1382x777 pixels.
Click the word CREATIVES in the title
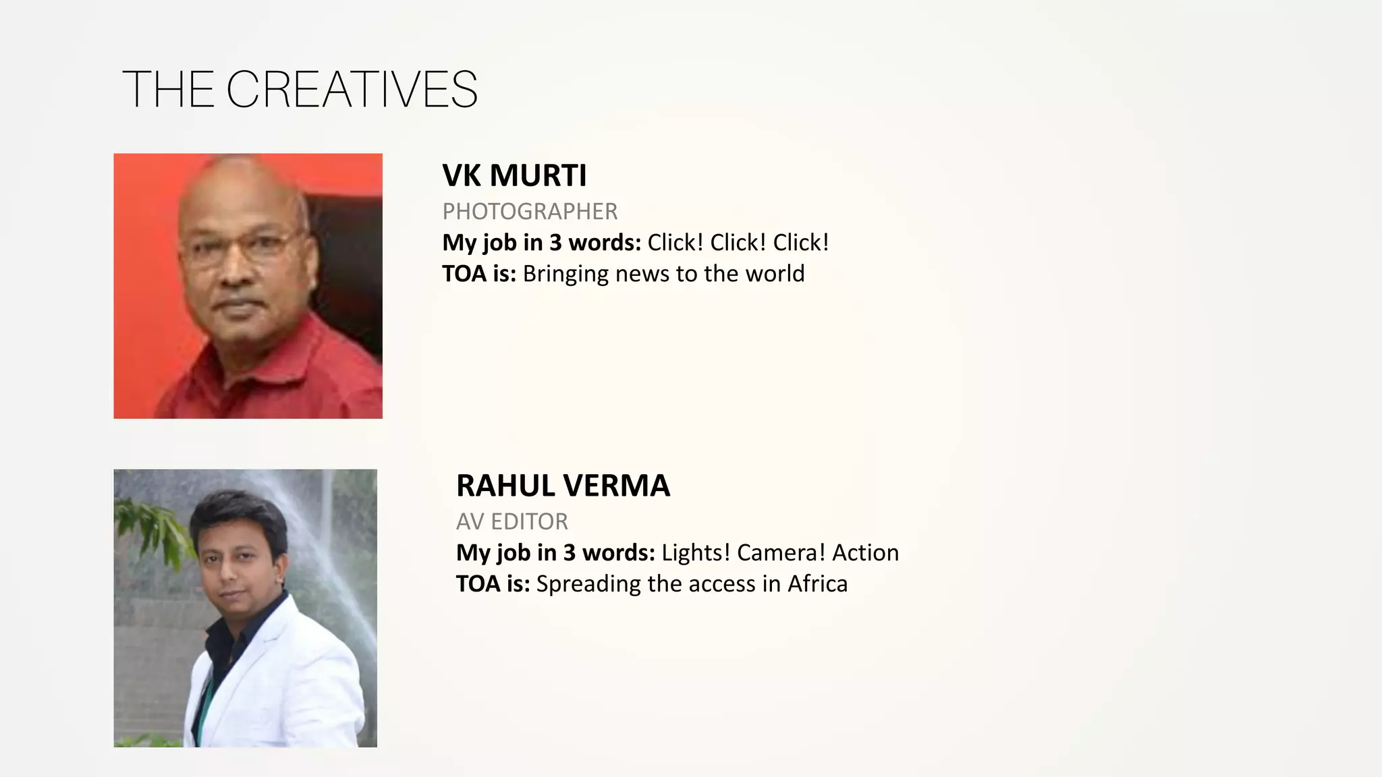point(352,89)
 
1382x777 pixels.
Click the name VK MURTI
point(514,175)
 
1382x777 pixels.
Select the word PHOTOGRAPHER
point(530,212)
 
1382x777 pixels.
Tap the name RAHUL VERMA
point(563,486)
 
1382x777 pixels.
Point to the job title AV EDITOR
point(512,521)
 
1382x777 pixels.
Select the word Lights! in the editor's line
point(696,552)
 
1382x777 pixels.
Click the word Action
point(865,552)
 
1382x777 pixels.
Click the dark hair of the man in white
point(236,516)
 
